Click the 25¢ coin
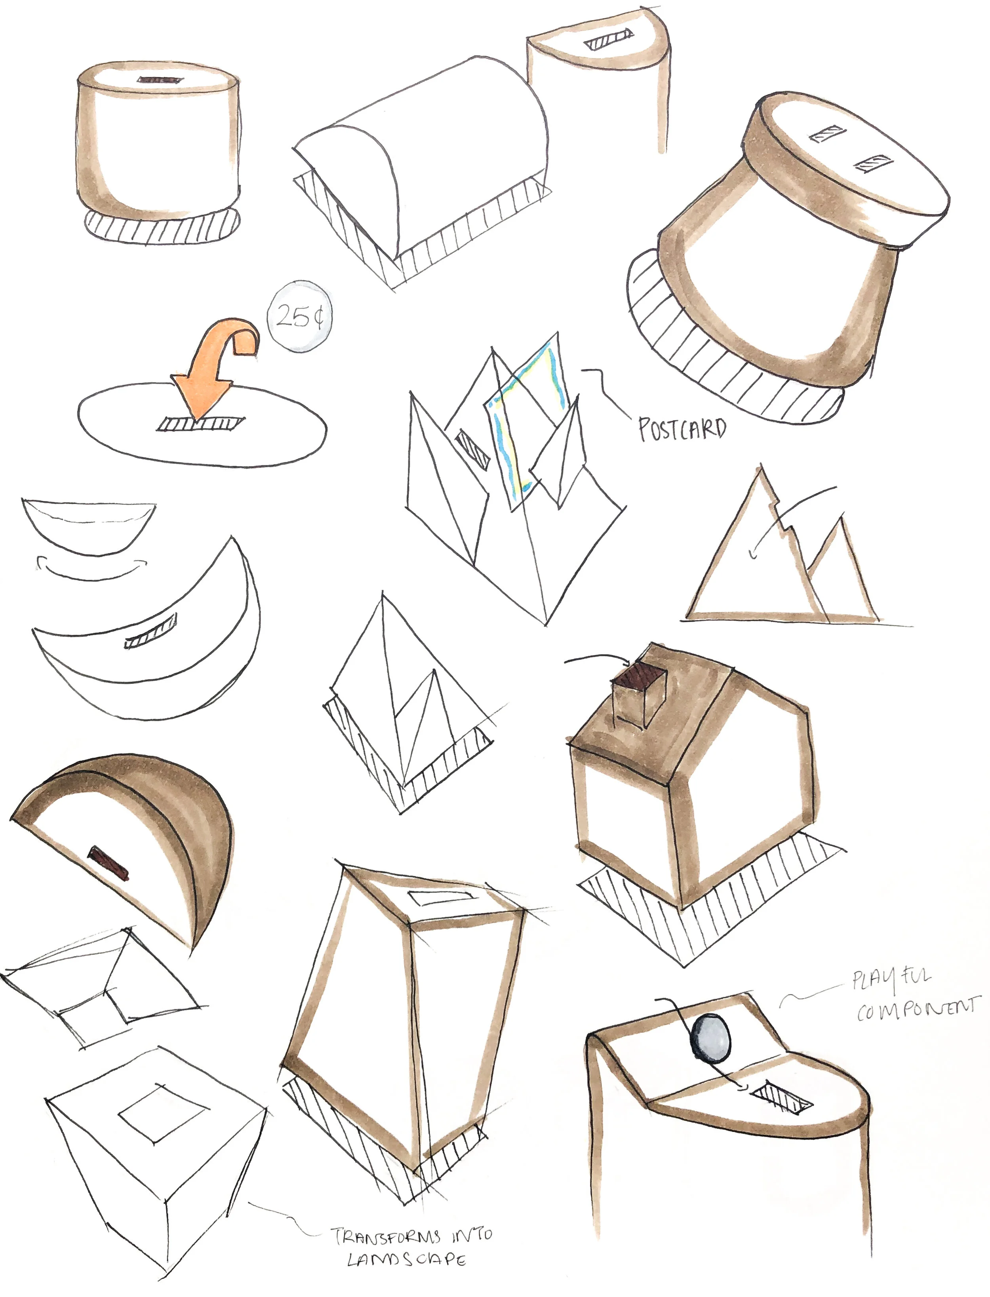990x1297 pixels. (x=300, y=316)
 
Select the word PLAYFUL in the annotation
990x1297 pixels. (x=891, y=979)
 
